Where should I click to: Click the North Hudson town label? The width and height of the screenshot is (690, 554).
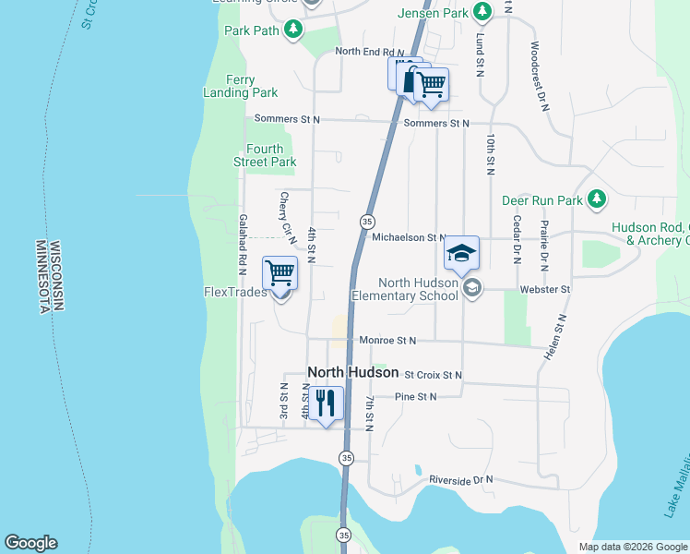352,372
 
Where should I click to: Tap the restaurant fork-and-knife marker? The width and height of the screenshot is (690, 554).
326,403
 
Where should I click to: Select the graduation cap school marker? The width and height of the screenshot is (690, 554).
461,253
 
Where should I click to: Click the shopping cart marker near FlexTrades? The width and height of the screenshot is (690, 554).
280,274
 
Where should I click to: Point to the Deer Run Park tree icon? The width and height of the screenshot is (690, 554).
597,199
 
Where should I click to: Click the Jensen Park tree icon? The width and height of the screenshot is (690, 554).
482,12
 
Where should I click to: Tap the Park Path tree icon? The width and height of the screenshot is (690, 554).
293,30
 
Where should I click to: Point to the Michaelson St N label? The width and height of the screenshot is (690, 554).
409,237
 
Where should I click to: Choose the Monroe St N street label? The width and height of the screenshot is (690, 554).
387,341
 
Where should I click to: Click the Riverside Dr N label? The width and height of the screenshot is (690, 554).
460,480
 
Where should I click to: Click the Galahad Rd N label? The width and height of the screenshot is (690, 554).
243,245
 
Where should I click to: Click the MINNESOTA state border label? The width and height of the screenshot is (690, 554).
42,277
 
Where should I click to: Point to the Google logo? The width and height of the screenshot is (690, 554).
30,543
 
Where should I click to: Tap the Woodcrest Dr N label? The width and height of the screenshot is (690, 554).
540,77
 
